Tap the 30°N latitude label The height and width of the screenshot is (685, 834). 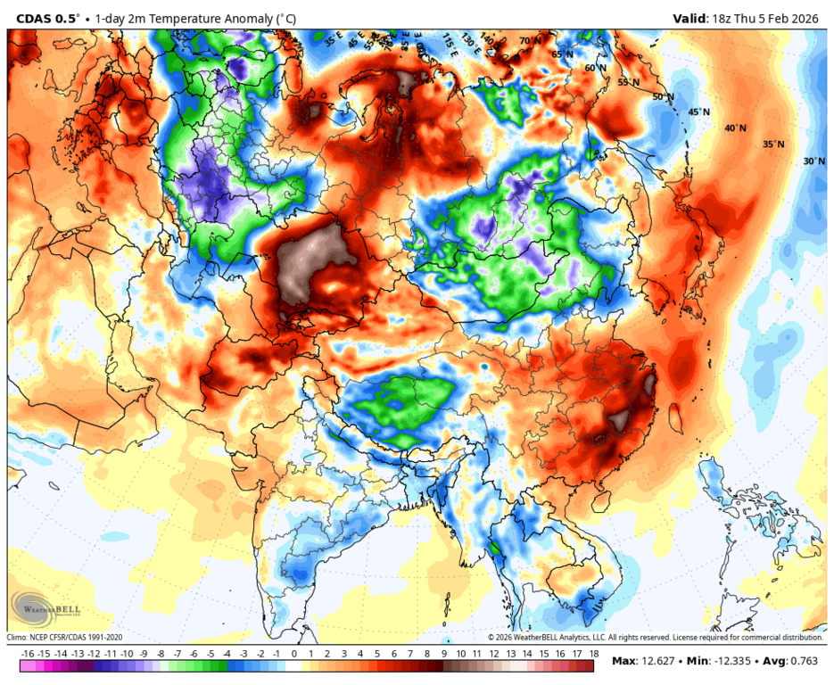[813, 161]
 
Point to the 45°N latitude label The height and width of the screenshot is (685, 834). [698, 112]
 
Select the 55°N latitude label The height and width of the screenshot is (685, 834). [629, 82]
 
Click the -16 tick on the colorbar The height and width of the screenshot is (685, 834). [28, 654]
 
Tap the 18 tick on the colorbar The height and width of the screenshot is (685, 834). [593, 654]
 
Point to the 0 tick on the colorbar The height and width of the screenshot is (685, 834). [293, 654]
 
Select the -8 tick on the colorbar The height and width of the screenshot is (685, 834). [161, 654]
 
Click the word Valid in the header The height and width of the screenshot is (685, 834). [688, 18]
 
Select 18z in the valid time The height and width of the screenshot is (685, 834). [722, 18]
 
